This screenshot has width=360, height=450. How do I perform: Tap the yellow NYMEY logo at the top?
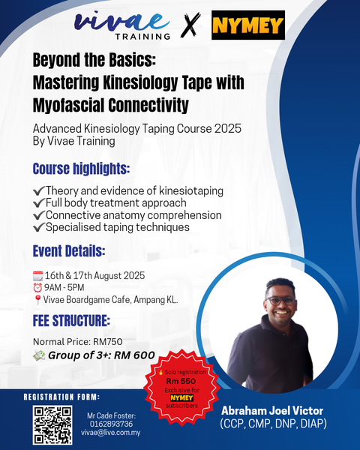pyautogui.click(x=247, y=25)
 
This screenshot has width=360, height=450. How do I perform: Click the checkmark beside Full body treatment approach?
pyautogui.click(x=39, y=203)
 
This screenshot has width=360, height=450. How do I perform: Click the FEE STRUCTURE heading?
pyautogui.click(x=71, y=322)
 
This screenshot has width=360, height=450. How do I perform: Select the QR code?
pyautogui.click(x=52, y=424)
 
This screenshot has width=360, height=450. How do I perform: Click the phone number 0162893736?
pyautogui.click(x=111, y=423)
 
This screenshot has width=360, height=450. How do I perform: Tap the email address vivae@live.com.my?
pyautogui.click(x=111, y=433)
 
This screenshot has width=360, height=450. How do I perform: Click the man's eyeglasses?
pyautogui.click(x=281, y=301)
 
